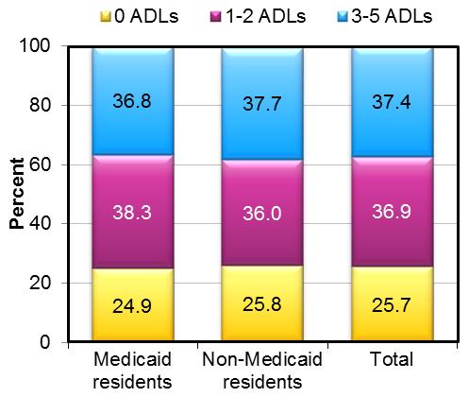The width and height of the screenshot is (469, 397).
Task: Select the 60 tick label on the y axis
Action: click(43, 164)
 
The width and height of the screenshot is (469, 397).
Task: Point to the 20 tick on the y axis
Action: click(43, 283)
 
